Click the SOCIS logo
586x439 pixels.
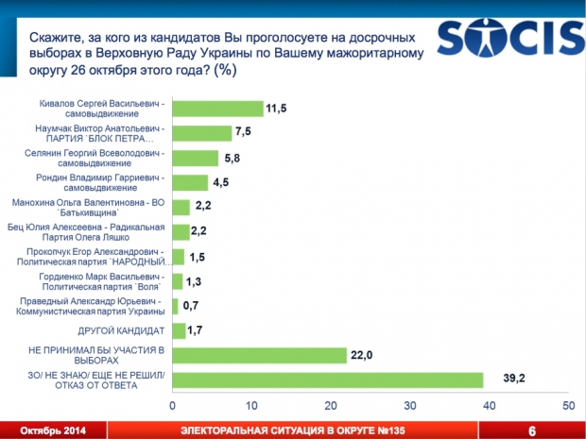pos(510,41)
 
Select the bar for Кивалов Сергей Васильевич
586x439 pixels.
pos(217,108)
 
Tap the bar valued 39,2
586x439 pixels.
pos(327,380)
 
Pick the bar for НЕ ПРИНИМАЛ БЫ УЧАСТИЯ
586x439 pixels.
pos(259,355)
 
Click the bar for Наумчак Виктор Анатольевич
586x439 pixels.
pos(202,133)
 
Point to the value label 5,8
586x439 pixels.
pos(233,158)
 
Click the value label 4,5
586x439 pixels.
pos(223,182)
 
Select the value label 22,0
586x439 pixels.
pos(362,355)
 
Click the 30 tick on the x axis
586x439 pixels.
pos(410,405)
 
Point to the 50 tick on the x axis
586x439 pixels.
pos(568,405)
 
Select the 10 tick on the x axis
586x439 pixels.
pos(251,405)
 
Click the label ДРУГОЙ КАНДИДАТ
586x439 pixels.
pos(122,330)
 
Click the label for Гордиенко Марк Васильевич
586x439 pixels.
pos(108,280)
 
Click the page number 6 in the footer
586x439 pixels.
pos(532,431)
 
